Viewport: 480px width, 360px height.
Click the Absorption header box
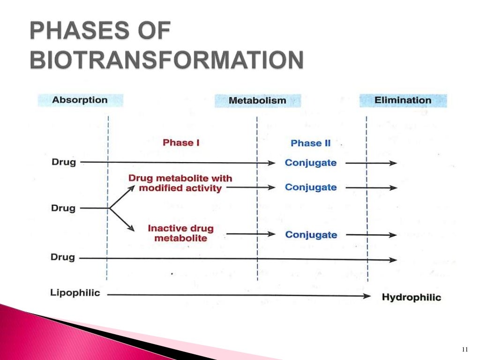pos(80,100)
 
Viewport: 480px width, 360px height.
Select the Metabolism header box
pos(257,101)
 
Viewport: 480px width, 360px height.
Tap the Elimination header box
pos(403,100)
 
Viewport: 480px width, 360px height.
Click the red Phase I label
pos(181,142)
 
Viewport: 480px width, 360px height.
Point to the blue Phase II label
pos(310,143)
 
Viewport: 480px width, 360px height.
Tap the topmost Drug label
pos(63,162)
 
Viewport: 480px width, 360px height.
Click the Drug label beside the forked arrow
pos(63,208)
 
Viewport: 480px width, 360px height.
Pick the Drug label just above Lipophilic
pos(63,257)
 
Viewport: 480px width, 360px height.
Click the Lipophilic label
pos(75,293)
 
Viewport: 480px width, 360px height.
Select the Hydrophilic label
pos(411,297)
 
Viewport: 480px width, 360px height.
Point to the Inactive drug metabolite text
pos(180,233)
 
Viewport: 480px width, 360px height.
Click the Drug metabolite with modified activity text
pos(180,183)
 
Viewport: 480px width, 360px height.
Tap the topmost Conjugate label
pos(311,163)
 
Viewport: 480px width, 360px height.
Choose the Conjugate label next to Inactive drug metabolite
pos(311,234)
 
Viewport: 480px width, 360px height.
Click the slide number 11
pos(465,349)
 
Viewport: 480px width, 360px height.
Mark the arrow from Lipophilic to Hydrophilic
pos(239,295)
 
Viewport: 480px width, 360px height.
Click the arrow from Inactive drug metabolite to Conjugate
pos(250,234)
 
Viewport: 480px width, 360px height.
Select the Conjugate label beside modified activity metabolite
pos(311,187)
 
